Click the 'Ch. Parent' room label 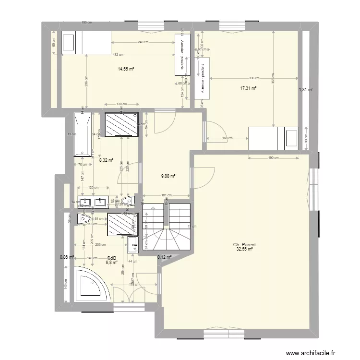(245, 245)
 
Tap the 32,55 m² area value (245, 249)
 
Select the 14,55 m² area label (126, 69)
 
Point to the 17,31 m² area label (249, 88)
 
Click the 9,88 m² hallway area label (168, 176)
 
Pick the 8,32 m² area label (106, 161)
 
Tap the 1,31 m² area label (306, 89)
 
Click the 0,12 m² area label (164, 257)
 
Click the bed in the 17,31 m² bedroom (273, 137)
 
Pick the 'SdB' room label (112, 258)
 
